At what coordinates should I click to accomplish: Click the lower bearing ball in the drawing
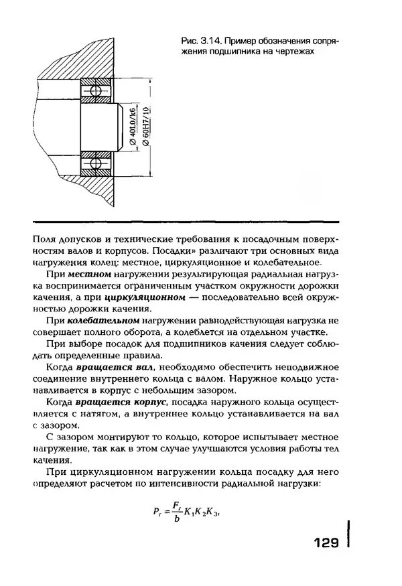94,163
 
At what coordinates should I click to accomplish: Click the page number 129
326,542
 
